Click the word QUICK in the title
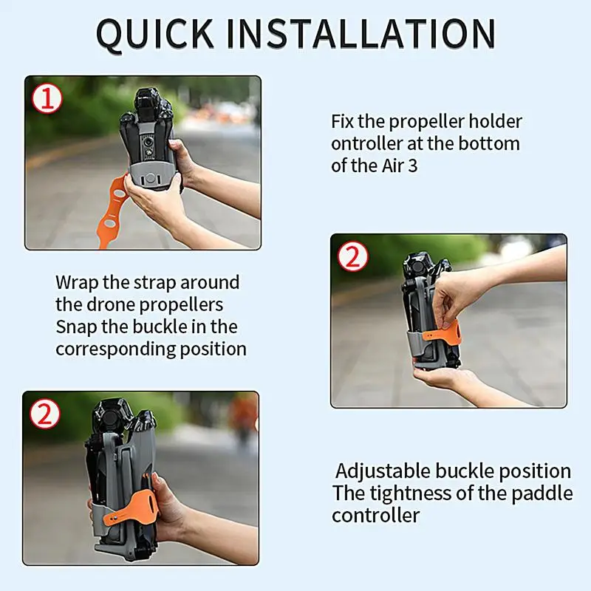(155, 34)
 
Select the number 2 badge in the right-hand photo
(352, 256)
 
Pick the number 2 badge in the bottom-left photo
(44, 414)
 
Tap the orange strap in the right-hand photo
(443, 332)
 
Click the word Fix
(343, 122)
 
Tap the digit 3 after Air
(413, 165)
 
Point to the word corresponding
(115, 349)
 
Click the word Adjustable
(383, 471)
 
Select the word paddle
(542, 493)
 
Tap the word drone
(108, 305)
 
